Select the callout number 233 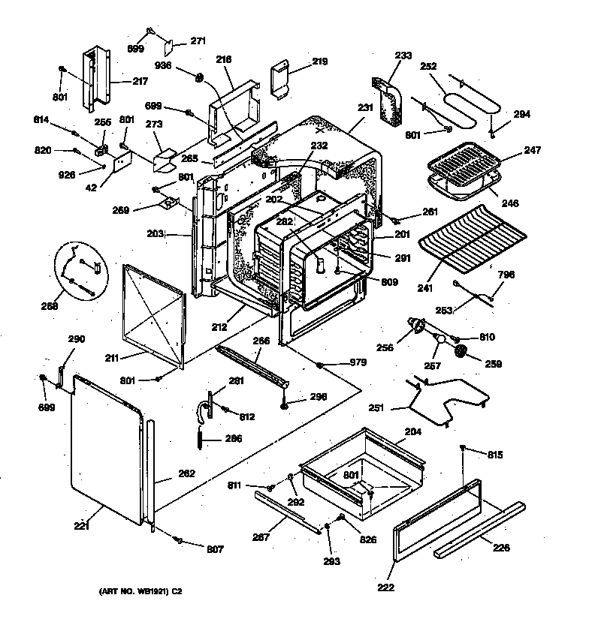click(403, 55)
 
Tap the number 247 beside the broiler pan click(510, 152)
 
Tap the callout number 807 click(215, 548)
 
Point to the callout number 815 click(495, 455)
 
